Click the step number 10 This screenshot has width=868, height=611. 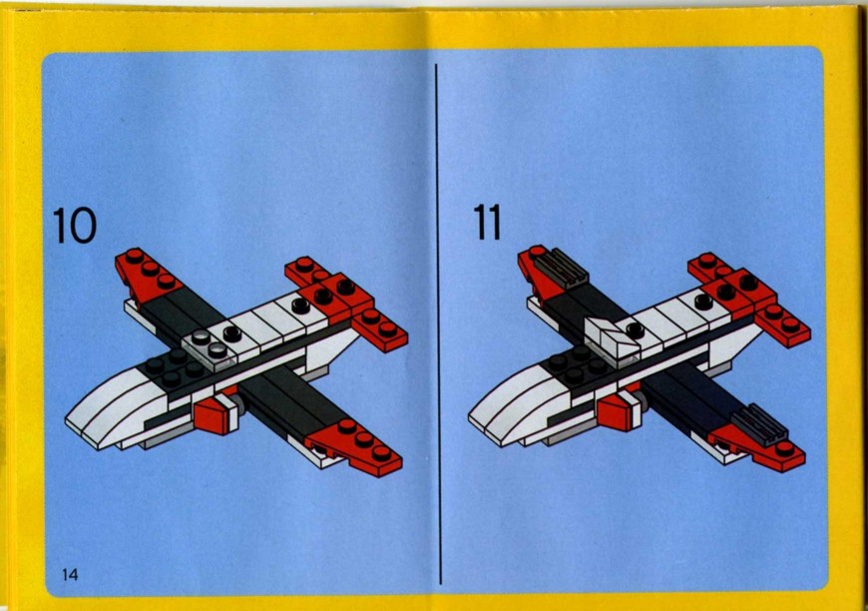point(75,226)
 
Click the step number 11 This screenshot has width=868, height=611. point(487,222)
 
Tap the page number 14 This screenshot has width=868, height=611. point(70,574)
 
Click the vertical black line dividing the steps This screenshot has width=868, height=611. point(438,323)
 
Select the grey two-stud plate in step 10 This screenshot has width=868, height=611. point(208,344)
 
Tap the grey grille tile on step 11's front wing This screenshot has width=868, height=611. point(760,425)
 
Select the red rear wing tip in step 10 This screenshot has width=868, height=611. point(146,275)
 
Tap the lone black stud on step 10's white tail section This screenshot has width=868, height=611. point(300,305)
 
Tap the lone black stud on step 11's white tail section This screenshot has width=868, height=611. point(703,302)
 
